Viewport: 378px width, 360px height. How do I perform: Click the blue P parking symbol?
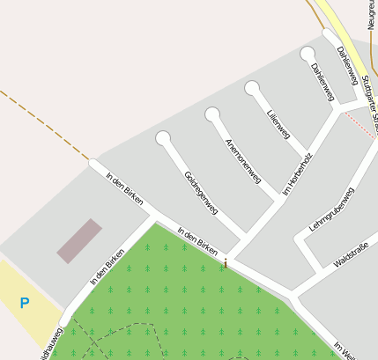(25, 304)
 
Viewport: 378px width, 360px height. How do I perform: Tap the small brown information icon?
(226, 261)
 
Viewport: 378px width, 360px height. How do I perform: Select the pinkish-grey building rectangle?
(79, 241)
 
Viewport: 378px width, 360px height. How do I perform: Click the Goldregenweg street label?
(201, 195)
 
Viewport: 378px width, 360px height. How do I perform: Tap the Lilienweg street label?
(278, 123)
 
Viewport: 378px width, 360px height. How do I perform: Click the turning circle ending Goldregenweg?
(163, 138)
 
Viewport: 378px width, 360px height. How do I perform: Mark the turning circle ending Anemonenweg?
(212, 114)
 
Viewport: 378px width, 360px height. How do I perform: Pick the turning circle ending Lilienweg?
(253, 88)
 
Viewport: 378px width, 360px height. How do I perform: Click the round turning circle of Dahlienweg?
(307, 54)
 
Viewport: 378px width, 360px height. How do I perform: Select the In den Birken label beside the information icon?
(196, 241)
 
